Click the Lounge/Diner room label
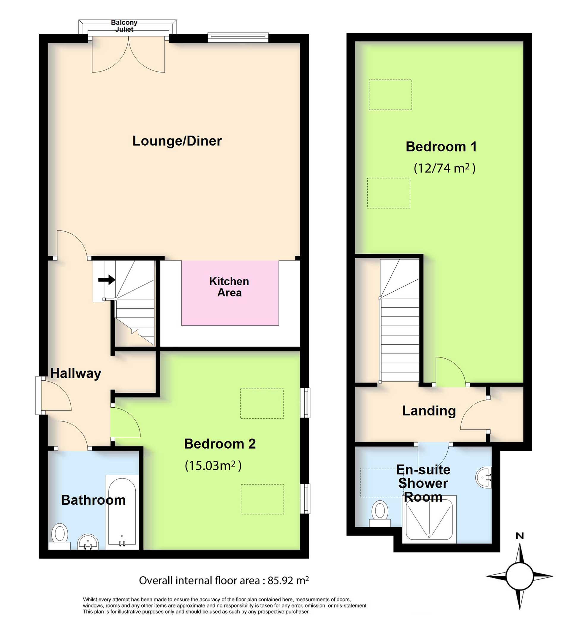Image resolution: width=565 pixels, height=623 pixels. [x=177, y=141]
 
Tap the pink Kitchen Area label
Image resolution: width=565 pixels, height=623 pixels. [x=229, y=287]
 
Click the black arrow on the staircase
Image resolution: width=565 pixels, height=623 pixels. [x=107, y=280]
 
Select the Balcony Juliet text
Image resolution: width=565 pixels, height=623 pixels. [x=124, y=26]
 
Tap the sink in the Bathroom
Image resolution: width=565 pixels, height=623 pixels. [x=88, y=543]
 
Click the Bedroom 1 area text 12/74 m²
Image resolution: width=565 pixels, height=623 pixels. [x=444, y=169]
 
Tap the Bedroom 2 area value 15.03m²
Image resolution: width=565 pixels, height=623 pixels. [x=213, y=465]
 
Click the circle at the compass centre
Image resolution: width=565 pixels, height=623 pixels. [x=520, y=576]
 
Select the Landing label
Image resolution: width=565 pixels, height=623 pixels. [x=429, y=411]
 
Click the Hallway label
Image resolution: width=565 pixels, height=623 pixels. [x=75, y=373]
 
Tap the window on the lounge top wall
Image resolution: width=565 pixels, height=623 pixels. [x=238, y=38]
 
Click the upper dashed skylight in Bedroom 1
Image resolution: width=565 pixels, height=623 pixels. [x=390, y=95]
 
